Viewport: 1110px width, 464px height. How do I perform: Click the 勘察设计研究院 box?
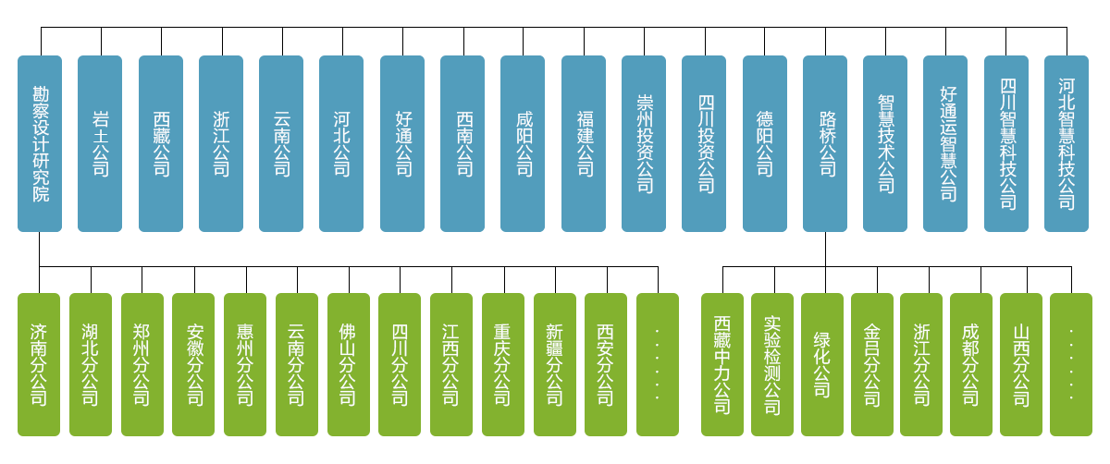point(40,143)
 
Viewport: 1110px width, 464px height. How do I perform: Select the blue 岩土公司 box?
point(100,143)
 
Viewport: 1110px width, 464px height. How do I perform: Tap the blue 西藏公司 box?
point(161,143)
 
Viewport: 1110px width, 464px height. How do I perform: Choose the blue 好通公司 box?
point(402,143)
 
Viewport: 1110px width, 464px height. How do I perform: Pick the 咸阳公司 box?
point(523,143)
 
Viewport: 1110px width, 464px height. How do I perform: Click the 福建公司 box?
point(584,143)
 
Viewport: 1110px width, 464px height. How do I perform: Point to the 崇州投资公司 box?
point(644,143)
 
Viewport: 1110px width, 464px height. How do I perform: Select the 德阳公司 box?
point(765,143)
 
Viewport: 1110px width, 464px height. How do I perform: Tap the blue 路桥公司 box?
point(825,143)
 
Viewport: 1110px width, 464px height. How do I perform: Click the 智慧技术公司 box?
point(885,143)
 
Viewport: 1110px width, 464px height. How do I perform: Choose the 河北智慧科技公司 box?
point(1067,143)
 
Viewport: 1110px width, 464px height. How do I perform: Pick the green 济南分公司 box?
point(40,364)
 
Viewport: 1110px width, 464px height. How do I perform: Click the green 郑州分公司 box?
point(142,364)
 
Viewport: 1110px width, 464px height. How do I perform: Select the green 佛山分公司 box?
point(349,364)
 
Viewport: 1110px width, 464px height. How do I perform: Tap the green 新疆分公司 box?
point(555,364)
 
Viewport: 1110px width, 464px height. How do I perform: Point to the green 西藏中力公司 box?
point(722,364)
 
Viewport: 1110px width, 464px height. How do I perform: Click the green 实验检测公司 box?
point(772,364)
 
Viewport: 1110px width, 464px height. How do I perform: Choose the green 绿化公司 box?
point(822,364)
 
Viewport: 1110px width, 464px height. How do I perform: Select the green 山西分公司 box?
point(1021,364)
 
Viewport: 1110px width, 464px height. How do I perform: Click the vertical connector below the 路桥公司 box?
point(825,249)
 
